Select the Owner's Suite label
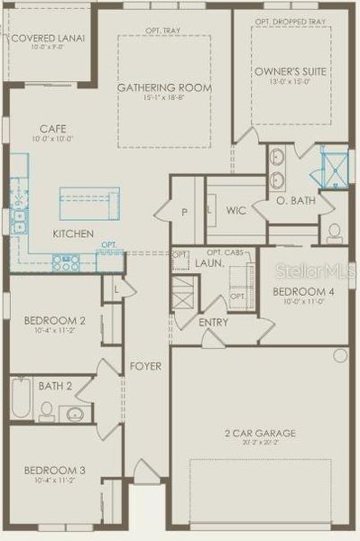(291, 70)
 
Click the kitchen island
(89, 203)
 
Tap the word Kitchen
(73, 234)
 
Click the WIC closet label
(236, 211)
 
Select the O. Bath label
(296, 200)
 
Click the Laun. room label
(209, 262)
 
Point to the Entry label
(214, 322)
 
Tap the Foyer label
(146, 366)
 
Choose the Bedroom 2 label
(55, 320)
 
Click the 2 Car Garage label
(259, 434)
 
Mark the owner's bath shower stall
(336, 168)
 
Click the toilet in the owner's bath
(334, 232)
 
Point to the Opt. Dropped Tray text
(290, 22)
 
